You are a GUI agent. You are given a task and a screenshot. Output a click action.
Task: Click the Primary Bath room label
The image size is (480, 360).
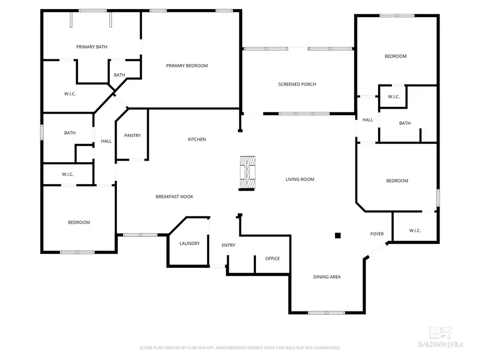click(92, 47)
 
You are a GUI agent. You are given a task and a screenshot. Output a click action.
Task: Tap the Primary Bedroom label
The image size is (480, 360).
click(187, 66)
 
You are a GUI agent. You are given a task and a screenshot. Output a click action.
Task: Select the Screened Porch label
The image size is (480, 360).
click(297, 84)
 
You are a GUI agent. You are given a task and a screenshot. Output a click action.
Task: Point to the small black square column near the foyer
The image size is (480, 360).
click(338, 235)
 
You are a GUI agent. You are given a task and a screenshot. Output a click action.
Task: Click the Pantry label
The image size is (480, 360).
click(132, 135)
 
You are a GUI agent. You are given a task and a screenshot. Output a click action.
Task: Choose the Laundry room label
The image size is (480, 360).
click(189, 243)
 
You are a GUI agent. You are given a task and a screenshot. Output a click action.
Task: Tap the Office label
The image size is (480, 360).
click(273, 259)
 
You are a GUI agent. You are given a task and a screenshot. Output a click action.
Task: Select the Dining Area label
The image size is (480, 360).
click(326, 277)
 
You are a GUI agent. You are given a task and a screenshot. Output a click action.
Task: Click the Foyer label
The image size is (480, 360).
click(377, 234)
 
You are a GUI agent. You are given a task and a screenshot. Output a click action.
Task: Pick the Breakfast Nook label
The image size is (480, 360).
click(174, 197)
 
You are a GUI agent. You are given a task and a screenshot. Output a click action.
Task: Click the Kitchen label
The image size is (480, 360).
click(196, 139)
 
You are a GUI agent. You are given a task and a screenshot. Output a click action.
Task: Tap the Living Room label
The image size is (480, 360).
click(300, 179)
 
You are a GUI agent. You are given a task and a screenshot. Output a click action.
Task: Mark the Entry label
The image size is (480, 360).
click(228, 245)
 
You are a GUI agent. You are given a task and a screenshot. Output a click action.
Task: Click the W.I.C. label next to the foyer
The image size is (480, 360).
click(415, 230)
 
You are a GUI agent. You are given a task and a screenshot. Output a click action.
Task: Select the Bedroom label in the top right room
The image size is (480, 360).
click(396, 56)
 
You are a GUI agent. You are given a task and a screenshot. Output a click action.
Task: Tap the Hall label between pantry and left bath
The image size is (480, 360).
click(106, 141)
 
